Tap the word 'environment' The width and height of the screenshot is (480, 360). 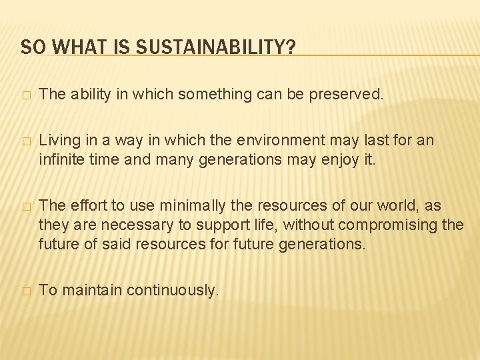(x=283, y=141)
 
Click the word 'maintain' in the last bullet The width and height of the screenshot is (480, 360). (x=89, y=290)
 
